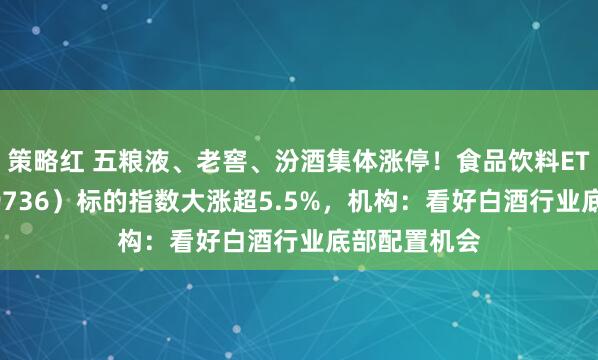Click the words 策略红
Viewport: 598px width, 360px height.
tap(43, 161)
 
